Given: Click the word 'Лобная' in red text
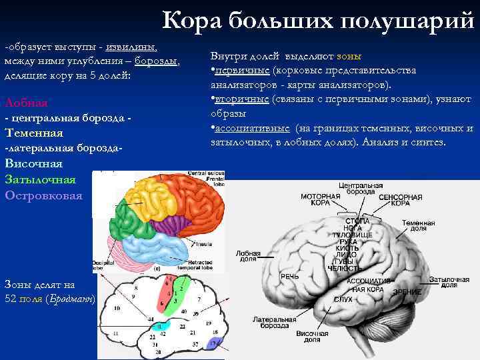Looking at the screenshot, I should pos(26,103).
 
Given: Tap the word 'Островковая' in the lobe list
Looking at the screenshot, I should pos(43,195).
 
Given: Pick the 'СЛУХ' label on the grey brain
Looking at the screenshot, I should pos(343,299).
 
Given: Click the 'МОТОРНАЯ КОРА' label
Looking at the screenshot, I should pos(321,200).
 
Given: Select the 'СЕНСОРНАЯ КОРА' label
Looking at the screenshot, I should pos(400,200).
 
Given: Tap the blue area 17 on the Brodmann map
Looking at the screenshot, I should pos(213,344).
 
